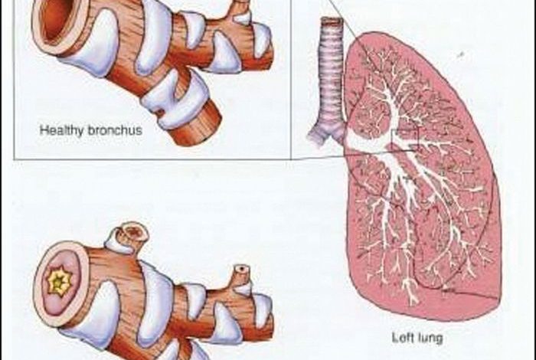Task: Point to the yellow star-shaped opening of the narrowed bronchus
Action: pyautogui.click(x=58, y=281)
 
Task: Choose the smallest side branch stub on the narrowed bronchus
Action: pyautogui.click(x=242, y=270)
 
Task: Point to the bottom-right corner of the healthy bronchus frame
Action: pyautogui.click(x=290, y=159)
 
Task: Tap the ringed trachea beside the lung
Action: pyautogui.click(x=332, y=77)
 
